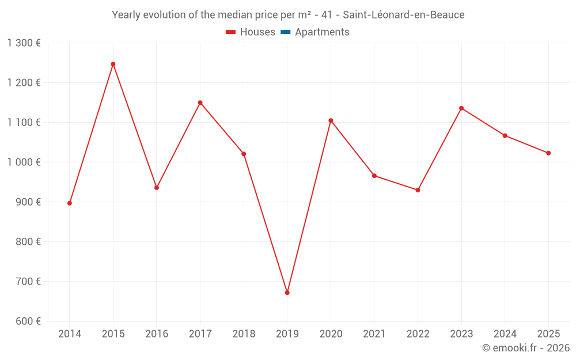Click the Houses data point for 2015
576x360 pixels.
click(113, 64)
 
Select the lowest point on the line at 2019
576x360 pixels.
click(287, 293)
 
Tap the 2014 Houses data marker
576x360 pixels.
click(70, 203)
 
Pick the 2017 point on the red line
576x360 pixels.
click(200, 103)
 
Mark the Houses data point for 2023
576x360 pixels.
click(461, 108)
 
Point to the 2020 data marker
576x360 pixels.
click(331, 120)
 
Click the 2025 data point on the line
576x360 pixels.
click(548, 153)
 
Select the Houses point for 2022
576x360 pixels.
click(418, 190)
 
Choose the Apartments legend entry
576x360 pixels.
click(322, 32)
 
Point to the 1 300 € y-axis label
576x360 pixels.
click(24, 43)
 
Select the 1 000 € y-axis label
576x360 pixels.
click(24, 162)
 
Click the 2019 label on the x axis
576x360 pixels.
click(287, 334)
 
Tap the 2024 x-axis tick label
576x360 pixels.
click(505, 334)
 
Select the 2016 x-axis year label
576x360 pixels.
click(157, 334)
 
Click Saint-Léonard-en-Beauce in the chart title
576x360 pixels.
click(403, 15)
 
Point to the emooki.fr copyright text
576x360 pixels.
click(526, 348)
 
